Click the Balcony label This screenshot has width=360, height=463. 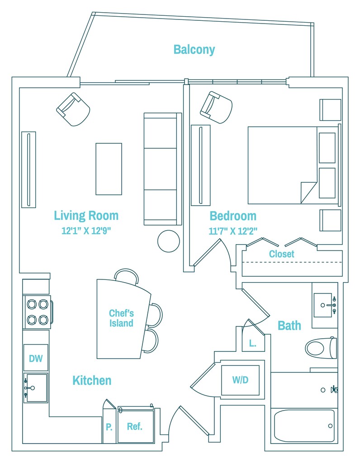(x=194, y=50)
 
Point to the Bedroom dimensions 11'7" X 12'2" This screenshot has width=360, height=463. (x=232, y=231)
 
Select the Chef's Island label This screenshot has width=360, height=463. (x=121, y=318)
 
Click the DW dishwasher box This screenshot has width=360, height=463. (x=36, y=359)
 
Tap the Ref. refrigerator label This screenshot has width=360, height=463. (x=135, y=426)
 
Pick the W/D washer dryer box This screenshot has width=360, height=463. (x=240, y=380)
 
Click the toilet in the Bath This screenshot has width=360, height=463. (x=321, y=348)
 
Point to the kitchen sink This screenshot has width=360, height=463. (x=36, y=387)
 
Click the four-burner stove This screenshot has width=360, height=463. (x=37, y=312)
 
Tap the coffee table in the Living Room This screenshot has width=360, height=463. (x=109, y=169)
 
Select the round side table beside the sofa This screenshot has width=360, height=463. (x=169, y=241)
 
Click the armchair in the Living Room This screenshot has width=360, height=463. (x=73, y=109)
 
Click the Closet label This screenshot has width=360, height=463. (x=281, y=254)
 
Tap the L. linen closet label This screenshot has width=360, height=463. (x=252, y=343)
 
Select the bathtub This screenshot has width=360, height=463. (x=304, y=425)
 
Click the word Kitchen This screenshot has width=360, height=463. (x=92, y=381)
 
